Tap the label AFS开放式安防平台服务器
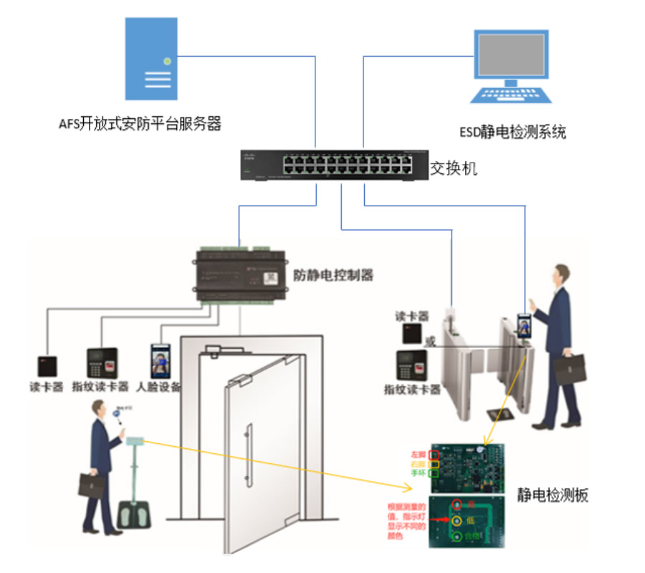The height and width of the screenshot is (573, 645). click(140, 124)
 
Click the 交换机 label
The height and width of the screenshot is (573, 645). click(453, 169)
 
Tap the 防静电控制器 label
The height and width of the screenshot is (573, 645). click(333, 275)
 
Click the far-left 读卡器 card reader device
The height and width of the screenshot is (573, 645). click(49, 365)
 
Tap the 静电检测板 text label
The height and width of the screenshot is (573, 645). click(552, 495)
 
